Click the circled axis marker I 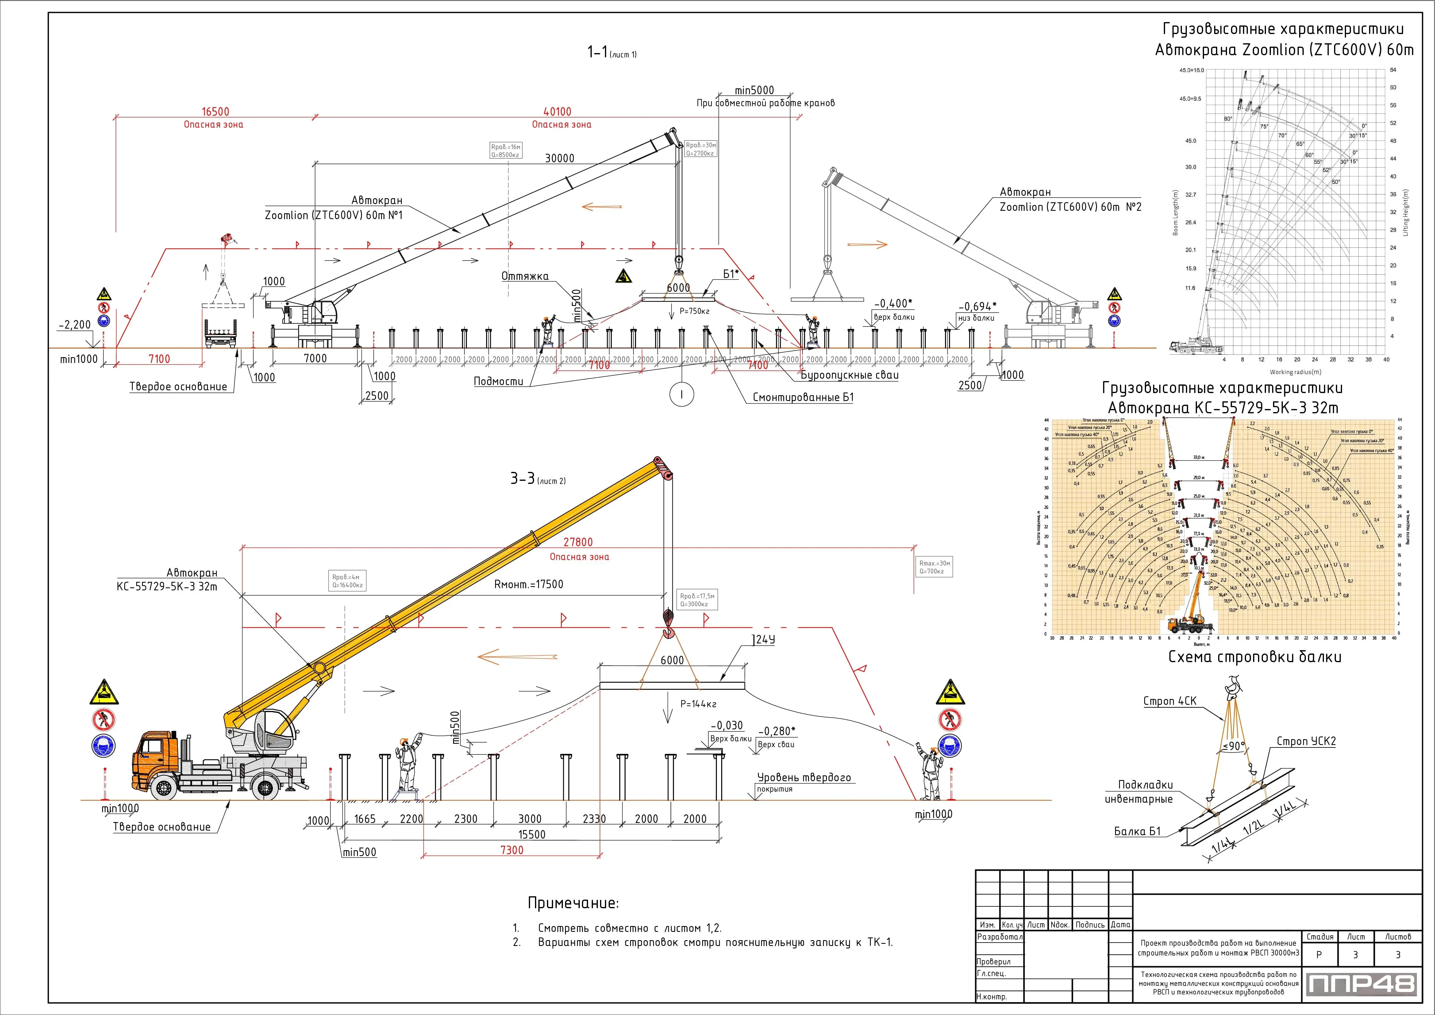[x=681, y=394]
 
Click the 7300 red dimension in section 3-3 [x=511, y=850]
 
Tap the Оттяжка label [x=524, y=276]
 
